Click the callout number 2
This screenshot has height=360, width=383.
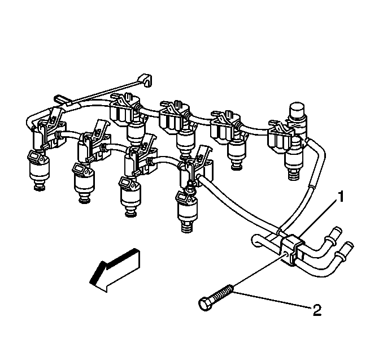(x=317, y=309)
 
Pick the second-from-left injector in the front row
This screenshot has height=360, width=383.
(x=83, y=181)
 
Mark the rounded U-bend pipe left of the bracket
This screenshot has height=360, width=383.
(x=258, y=242)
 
